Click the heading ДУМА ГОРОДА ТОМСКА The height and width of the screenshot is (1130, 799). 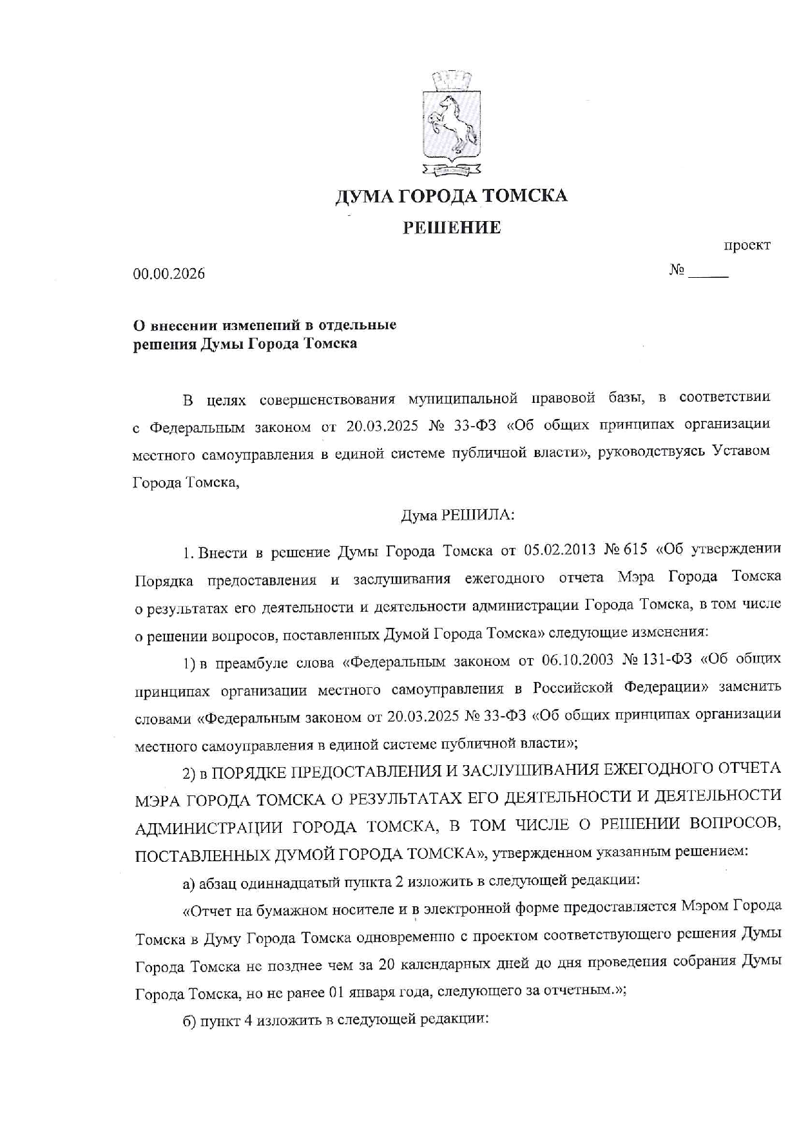[x=451, y=196]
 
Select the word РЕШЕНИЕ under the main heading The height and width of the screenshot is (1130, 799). [x=452, y=228]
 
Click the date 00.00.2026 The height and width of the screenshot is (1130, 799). [x=169, y=274]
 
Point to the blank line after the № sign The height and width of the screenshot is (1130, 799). [x=708, y=274]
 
